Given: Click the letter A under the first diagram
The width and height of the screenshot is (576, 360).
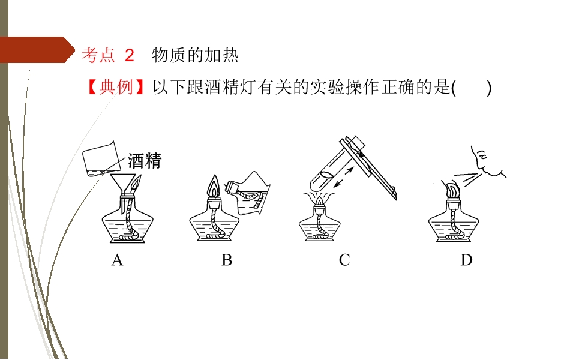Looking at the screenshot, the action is point(117,260).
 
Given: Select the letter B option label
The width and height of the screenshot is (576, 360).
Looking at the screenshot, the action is point(227,260).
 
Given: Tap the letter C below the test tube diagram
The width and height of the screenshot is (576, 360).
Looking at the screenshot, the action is point(344,260).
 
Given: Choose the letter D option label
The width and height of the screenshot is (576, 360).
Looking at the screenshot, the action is point(467,260).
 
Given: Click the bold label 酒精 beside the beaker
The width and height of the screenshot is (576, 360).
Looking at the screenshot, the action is point(145,161).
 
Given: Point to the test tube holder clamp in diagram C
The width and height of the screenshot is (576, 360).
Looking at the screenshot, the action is point(368,167).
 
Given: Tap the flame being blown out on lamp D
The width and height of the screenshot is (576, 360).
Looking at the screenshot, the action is point(452,189).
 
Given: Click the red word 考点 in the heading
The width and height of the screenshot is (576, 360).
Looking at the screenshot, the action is point(98,55).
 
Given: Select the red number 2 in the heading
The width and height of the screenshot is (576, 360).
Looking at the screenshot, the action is point(130,56).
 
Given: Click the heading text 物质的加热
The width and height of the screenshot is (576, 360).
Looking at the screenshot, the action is point(195,55).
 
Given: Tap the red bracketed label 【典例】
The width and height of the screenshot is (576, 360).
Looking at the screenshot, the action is point(116,88).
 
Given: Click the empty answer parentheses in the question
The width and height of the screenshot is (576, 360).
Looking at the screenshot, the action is point(472,88).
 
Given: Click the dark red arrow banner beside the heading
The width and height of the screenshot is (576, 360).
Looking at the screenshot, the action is point(37,50).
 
